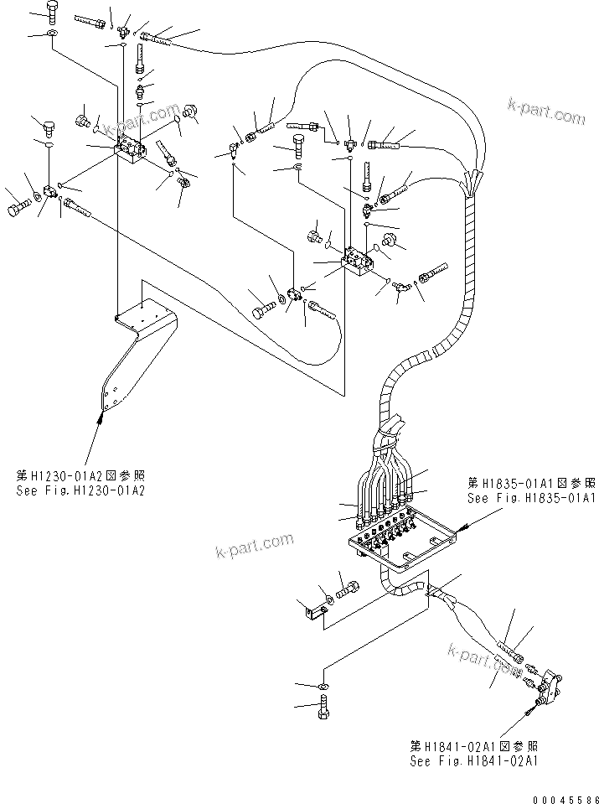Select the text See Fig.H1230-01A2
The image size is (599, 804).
(x=80, y=490)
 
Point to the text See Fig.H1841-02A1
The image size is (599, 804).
(x=473, y=761)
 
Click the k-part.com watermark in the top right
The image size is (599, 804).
(x=546, y=111)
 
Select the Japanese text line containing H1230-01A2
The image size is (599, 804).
(x=80, y=475)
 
